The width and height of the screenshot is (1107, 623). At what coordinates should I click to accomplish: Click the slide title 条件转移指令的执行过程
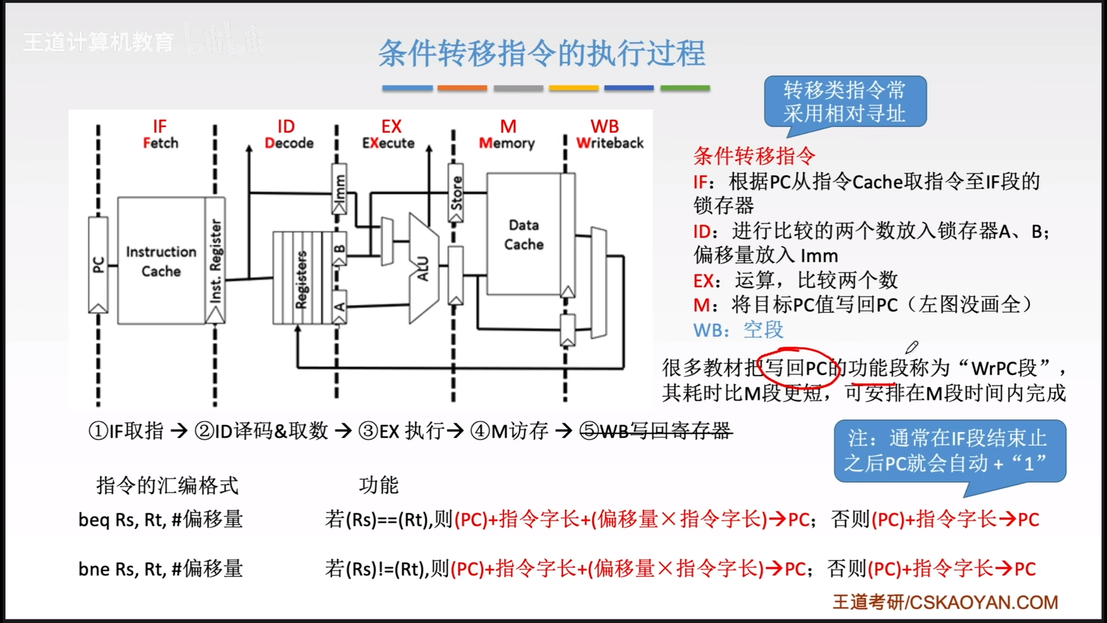pos(542,54)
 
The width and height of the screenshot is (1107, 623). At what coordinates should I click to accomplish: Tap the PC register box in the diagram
pos(98,264)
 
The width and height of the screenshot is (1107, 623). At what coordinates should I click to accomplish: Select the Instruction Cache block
pos(161,261)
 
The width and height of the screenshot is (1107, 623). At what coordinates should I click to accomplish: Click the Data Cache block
pos(524,234)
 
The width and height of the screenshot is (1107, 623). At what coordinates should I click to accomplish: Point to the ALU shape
pos(423,268)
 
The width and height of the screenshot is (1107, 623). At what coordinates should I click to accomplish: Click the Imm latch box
pos(339,188)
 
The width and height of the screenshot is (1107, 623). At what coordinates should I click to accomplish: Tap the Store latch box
pos(456,193)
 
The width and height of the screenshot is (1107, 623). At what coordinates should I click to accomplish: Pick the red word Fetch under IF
pos(160,143)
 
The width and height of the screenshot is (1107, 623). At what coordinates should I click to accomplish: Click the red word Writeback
pos(610,143)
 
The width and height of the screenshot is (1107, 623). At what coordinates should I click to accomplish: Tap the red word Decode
pos(289,143)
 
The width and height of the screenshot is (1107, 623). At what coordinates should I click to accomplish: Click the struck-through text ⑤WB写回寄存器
pos(656,431)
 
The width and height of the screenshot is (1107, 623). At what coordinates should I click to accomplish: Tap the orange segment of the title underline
pos(462,88)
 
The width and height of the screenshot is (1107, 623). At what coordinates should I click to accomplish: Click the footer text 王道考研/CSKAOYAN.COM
pos(945,602)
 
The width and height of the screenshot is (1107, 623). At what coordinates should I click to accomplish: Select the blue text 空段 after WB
pos(763,330)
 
